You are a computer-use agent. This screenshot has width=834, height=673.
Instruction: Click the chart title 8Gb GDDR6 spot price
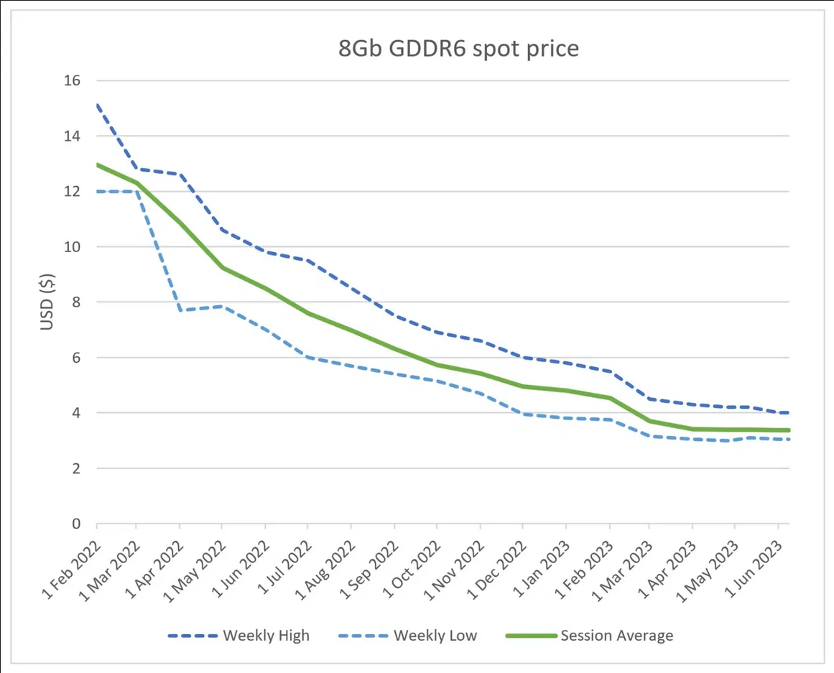click(x=458, y=49)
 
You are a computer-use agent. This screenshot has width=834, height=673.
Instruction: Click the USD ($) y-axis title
click(x=47, y=302)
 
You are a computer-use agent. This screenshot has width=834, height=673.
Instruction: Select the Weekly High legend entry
click(x=238, y=635)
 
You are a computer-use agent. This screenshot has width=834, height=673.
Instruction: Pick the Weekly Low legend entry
click(x=407, y=635)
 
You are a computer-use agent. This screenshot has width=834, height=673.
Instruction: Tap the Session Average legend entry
click(x=589, y=635)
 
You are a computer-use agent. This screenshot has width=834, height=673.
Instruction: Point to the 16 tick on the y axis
click(x=72, y=80)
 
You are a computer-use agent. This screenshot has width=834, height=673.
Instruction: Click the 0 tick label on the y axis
click(x=76, y=524)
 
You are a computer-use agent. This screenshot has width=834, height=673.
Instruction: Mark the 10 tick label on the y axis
click(x=72, y=247)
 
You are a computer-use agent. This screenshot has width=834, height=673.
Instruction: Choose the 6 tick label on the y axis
click(x=76, y=358)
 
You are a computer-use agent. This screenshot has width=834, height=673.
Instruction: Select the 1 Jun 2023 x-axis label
click(x=754, y=570)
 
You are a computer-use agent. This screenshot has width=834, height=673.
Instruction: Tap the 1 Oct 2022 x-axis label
click(x=412, y=570)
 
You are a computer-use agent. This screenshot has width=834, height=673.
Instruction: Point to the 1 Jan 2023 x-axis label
click(x=541, y=570)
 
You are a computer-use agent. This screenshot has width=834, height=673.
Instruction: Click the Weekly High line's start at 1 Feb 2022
click(x=97, y=106)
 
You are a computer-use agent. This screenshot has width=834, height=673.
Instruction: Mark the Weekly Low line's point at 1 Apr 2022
click(x=180, y=310)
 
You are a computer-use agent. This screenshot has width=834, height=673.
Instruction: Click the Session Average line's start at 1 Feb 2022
click(x=97, y=164)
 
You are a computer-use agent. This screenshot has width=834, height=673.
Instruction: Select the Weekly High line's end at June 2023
click(x=789, y=413)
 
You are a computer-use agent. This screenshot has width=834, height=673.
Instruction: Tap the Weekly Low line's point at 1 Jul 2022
click(x=307, y=358)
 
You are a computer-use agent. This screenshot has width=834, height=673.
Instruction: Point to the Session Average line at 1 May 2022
click(x=222, y=268)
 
